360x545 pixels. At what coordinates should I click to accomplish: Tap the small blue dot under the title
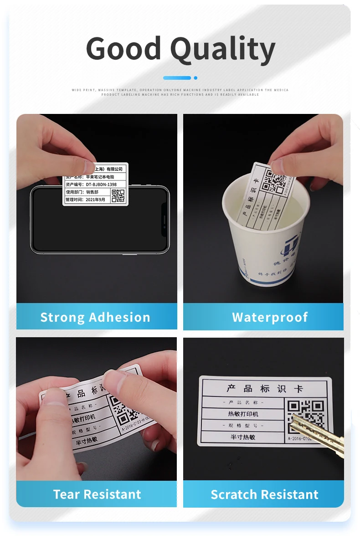[195, 78]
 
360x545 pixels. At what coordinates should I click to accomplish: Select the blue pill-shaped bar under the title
[177, 78]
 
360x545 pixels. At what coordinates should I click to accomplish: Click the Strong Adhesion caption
[95, 317]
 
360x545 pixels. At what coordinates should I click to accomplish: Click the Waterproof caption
[270, 317]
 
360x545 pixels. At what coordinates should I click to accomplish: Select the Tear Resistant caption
[97, 494]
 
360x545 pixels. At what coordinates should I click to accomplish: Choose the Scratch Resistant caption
[264, 494]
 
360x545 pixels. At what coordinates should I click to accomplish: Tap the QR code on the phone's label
[118, 195]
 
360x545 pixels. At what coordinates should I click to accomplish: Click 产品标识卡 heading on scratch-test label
[264, 389]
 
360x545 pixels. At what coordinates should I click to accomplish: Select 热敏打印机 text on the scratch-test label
[243, 414]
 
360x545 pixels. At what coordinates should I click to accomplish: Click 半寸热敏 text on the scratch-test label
[242, 437]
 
